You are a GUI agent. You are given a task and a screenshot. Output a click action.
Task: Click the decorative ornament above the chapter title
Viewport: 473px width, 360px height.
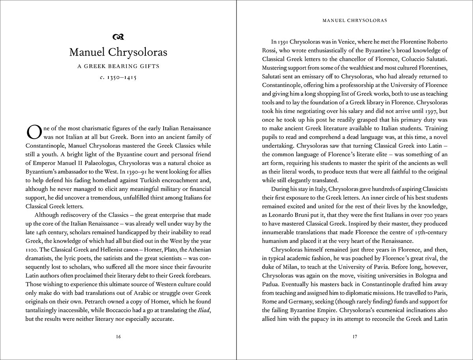tap(118, 37)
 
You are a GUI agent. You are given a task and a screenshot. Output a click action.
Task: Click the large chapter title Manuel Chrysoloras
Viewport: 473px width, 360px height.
tap(118, 52)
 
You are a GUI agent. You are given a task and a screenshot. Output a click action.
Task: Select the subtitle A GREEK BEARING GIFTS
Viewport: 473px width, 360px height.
tap(118, 66)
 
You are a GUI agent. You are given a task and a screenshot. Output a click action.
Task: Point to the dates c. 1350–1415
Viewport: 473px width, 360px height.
tap(118, 78)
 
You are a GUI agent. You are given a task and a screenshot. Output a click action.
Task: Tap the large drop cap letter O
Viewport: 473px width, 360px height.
tap(33, 132)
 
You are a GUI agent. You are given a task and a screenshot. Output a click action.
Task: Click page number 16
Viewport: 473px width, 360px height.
tap(118, 337)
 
